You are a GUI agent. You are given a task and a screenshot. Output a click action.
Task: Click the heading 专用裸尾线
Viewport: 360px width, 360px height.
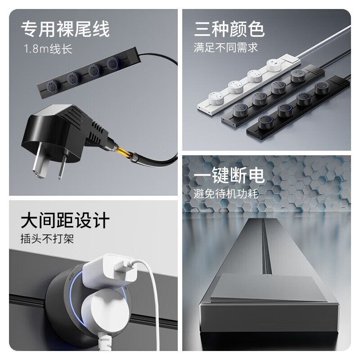pyautogui.click(x=65, y=30)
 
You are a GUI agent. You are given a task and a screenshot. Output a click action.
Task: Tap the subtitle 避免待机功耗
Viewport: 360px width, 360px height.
pyautogui.click(x=225, y=194)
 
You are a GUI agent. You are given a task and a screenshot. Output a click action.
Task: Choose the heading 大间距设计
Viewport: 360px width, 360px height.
pyautogui.click(x=65, y=221)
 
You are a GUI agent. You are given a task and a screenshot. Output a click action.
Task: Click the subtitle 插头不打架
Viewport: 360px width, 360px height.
pyautogui.click(x=47, y=239)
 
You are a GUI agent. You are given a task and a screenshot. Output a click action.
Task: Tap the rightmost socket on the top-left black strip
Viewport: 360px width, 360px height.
pyautogui.click(x=114, y=63)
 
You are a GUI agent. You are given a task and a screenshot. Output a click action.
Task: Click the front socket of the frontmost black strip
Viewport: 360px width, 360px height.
pyautogui.click(x=265, y=121)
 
